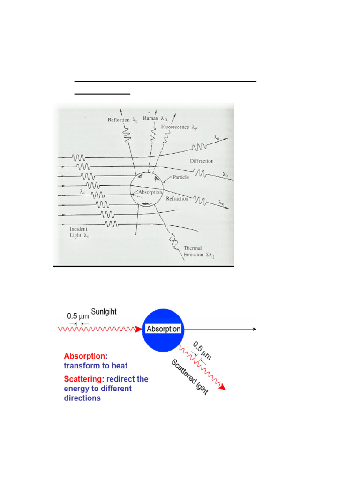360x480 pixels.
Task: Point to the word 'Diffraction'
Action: coord(202,161)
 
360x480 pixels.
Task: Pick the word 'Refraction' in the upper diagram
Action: coord(177,199)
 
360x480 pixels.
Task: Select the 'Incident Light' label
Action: coord(75,232)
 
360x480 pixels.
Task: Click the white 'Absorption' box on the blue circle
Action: coord(164,329)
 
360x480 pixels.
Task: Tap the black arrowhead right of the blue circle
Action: coord(254,329)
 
